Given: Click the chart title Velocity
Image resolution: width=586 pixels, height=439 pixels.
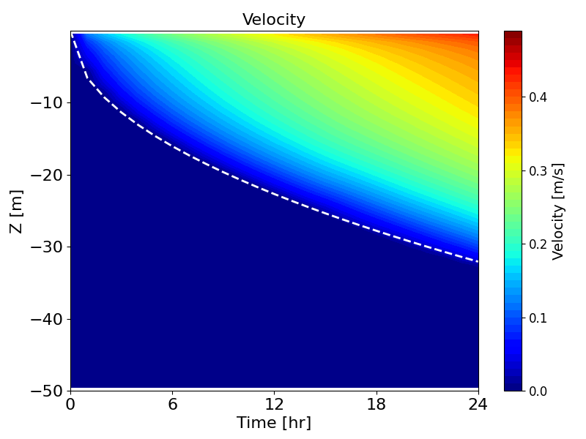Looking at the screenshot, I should pos(274,20).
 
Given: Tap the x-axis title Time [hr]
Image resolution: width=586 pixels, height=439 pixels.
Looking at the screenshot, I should pos(274,423).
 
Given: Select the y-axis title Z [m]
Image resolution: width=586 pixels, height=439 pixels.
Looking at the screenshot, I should pos(16,211).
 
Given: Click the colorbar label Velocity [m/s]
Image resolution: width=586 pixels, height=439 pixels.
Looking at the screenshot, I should pos(559,211).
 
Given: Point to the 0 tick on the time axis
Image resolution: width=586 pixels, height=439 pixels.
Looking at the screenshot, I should pos(70,403).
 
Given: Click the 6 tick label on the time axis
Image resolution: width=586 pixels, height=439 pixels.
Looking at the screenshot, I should pos(173,403).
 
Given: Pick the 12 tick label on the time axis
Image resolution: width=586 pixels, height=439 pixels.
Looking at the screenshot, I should pos(275,403).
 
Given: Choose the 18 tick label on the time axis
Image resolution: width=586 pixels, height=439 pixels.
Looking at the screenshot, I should pos(377,403).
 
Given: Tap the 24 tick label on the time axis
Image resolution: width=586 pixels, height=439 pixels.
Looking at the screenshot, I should pos(478,403).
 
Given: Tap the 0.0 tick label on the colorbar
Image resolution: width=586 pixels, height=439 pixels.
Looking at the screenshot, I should pos(538,391).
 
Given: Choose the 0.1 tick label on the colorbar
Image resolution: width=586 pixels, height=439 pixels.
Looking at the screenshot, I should pos(538,318).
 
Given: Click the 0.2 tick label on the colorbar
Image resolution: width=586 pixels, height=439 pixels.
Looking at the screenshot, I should pos(538,244).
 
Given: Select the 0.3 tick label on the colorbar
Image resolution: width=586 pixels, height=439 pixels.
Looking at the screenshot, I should pos(538,170).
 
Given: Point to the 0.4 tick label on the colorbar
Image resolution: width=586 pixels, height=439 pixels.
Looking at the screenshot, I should pos(538,97).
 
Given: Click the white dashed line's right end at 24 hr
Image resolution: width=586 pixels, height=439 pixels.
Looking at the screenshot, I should pos(478,261).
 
